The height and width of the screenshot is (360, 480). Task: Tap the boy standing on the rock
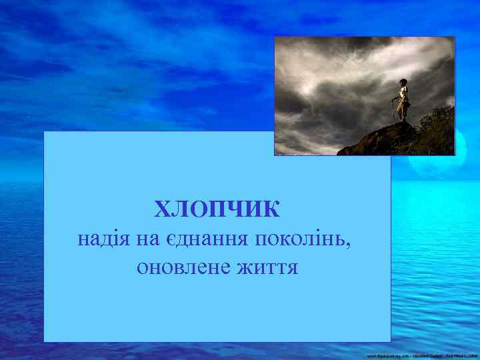(402, 100)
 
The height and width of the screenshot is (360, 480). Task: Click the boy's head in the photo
(403, 83)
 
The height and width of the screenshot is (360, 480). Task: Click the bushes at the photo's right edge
(441, 130)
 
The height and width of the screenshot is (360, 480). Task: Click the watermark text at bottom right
(420, 355)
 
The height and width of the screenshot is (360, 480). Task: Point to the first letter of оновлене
(141, 267)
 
